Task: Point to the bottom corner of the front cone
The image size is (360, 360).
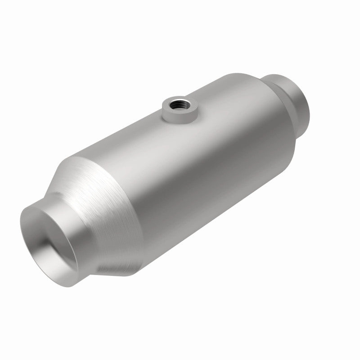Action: coord(130,272)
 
